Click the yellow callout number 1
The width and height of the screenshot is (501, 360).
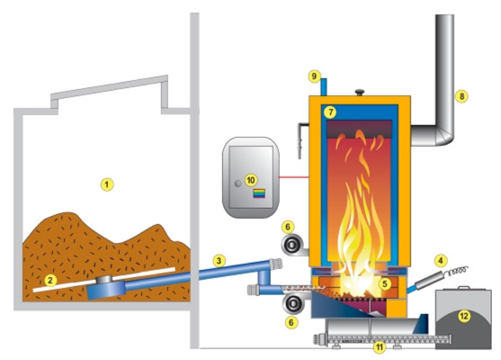pyautogui.click(x=107, y=184)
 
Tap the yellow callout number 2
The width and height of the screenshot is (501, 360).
pyautogui.click(x=49, y=281)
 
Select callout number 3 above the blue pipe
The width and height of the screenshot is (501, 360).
pyautogui.click(x=219, y=261)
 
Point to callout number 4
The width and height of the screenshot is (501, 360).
pyautogui.click(x=441, y=261)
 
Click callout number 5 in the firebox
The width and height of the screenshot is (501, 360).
pyautogui.click(x=385, y=283)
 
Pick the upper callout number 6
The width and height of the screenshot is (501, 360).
pyautogui.click(x=288, y=227)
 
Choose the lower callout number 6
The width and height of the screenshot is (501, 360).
pyautogui.click(x=291, y=322)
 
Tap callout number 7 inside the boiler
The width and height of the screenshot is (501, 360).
pyautogui.click(x=330, y=112)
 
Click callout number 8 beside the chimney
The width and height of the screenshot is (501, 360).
pyautogui.click(x=461, y=96)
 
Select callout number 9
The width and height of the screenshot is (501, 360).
pyautogui.click(x=315, y=76)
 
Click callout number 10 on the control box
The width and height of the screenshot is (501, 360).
pyautogui.click(x=251, y=180)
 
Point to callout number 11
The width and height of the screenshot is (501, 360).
pyautogui.click(x=380, y=346)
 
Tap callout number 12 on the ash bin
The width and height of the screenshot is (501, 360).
pyautogui.click(x=464, y=316)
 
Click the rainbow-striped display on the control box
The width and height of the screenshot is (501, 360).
pyautogui.click(x=259, y=193)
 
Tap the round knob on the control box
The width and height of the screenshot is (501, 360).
pyautogui.click(x=238, y=184)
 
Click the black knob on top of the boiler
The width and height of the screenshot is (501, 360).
pyautogui.click(x=360, y=92)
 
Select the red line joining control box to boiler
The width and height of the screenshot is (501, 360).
pyautogui.click(x=294, y=176)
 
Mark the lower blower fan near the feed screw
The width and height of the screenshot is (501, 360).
pyautogui.click(x=293, y=303)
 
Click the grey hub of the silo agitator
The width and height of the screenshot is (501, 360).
pyautogui.click(x=104, y=279)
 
